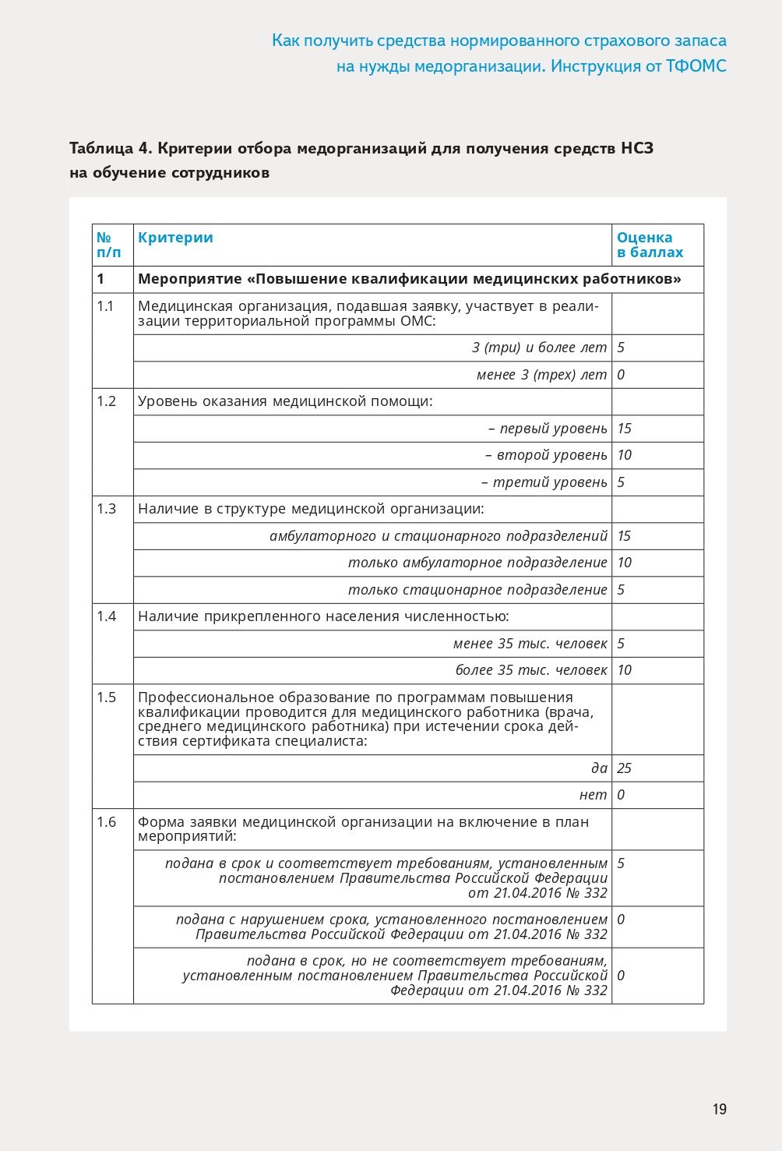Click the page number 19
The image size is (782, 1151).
pyautogui.click(x=719, y=1109)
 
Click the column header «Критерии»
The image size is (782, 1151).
pyautogui.click(x=175, y=238)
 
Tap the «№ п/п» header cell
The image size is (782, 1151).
pyautogui.click(x=108, y=245)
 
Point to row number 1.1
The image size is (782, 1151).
pyautogui.click(x=105, y=306)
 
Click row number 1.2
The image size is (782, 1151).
pyautogui.click(x=106, y=401)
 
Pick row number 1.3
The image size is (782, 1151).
pyautogui.click(x=106, y=509)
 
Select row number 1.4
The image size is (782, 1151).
pyautogui.click(x=106, y=616)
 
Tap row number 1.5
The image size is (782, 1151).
pyautogui.click(x=106, y=697)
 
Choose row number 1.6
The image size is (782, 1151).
pyautogui.click(x=106, y=822)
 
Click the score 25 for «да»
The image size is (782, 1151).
pyautogui.click(x=624, y=768)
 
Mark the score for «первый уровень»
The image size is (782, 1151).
pyautogui.click(x=624, y=429)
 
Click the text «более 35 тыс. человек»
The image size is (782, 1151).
pyautogui.click(x=531, y=670)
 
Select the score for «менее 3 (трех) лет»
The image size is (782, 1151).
pyautogui.click(x=621, y=375)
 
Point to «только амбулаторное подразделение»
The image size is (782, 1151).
pyautogui.click(x=477, y=563)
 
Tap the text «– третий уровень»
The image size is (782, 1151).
pyautogui.click(x=544, y=482)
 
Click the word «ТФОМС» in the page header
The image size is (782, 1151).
pyautogui.click(x=696, y=66)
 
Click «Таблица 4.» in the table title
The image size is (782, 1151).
pyautogui.click(x=111, y=148)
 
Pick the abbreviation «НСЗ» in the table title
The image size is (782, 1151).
pyautogui.click(x=637, y=148)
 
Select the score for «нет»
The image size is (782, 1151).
pyautogui.click(x=621, y=795)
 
